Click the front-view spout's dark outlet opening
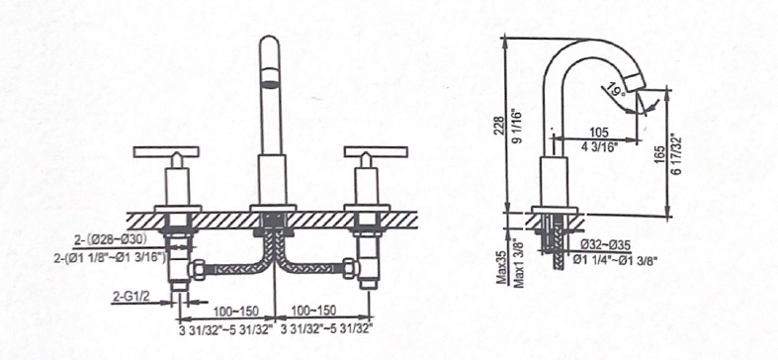coord(270,83)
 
